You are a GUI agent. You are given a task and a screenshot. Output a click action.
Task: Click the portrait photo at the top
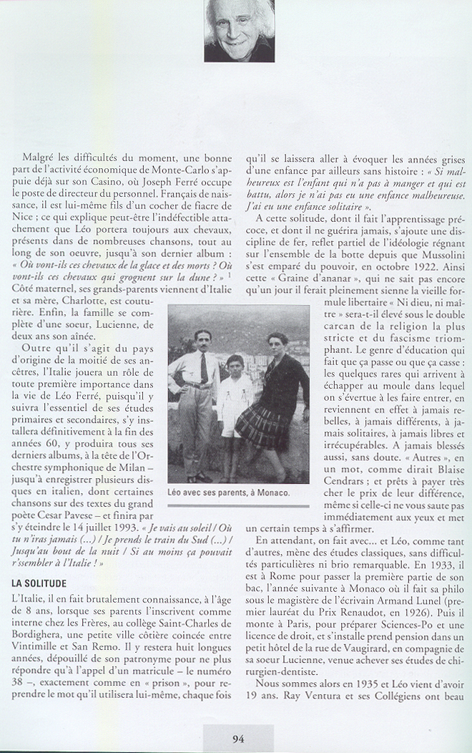tap(239, 30)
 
